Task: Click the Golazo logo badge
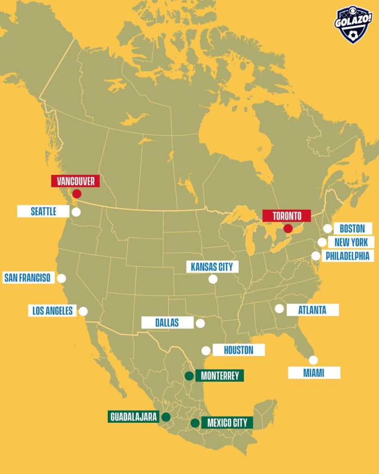[354, 24]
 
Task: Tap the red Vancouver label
[75, 181]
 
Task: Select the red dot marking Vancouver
[77, 193]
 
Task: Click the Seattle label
[43, 212]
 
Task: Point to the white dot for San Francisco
[61, 278]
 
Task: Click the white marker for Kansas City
[213, 279]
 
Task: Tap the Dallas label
[167, 323]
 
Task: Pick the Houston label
[239, 350]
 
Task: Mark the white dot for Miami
[313, 360]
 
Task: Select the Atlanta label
[312, 310]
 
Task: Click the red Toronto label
[287, 216]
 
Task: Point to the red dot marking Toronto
[288, 228]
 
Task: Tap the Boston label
[353, 229]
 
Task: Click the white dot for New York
[322, 243]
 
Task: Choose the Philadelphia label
[348, 256]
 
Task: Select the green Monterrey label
[220, 376]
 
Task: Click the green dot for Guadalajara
[166, 417]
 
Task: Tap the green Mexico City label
[227, 423]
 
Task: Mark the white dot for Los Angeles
[83, 311]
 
